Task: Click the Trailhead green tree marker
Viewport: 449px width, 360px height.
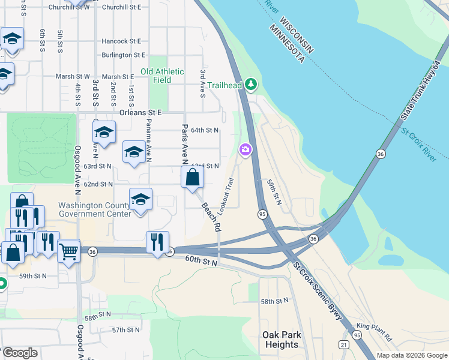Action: tap(251, 85)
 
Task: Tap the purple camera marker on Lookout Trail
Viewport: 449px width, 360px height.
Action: tap(245, 150)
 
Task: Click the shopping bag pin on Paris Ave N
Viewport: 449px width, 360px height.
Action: tap(193, 178)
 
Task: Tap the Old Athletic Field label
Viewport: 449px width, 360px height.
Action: tap(163, 76)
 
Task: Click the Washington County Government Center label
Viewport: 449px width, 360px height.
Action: tap(94, 209)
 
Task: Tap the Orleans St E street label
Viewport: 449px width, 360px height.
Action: tap(141, 112)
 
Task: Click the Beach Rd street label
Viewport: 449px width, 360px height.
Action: tap(211, 217)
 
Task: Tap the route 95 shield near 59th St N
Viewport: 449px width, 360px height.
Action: tap(262, 214)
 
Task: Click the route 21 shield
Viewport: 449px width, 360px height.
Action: tap(343, 344)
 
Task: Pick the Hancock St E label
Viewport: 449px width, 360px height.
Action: tap(121, 41)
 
